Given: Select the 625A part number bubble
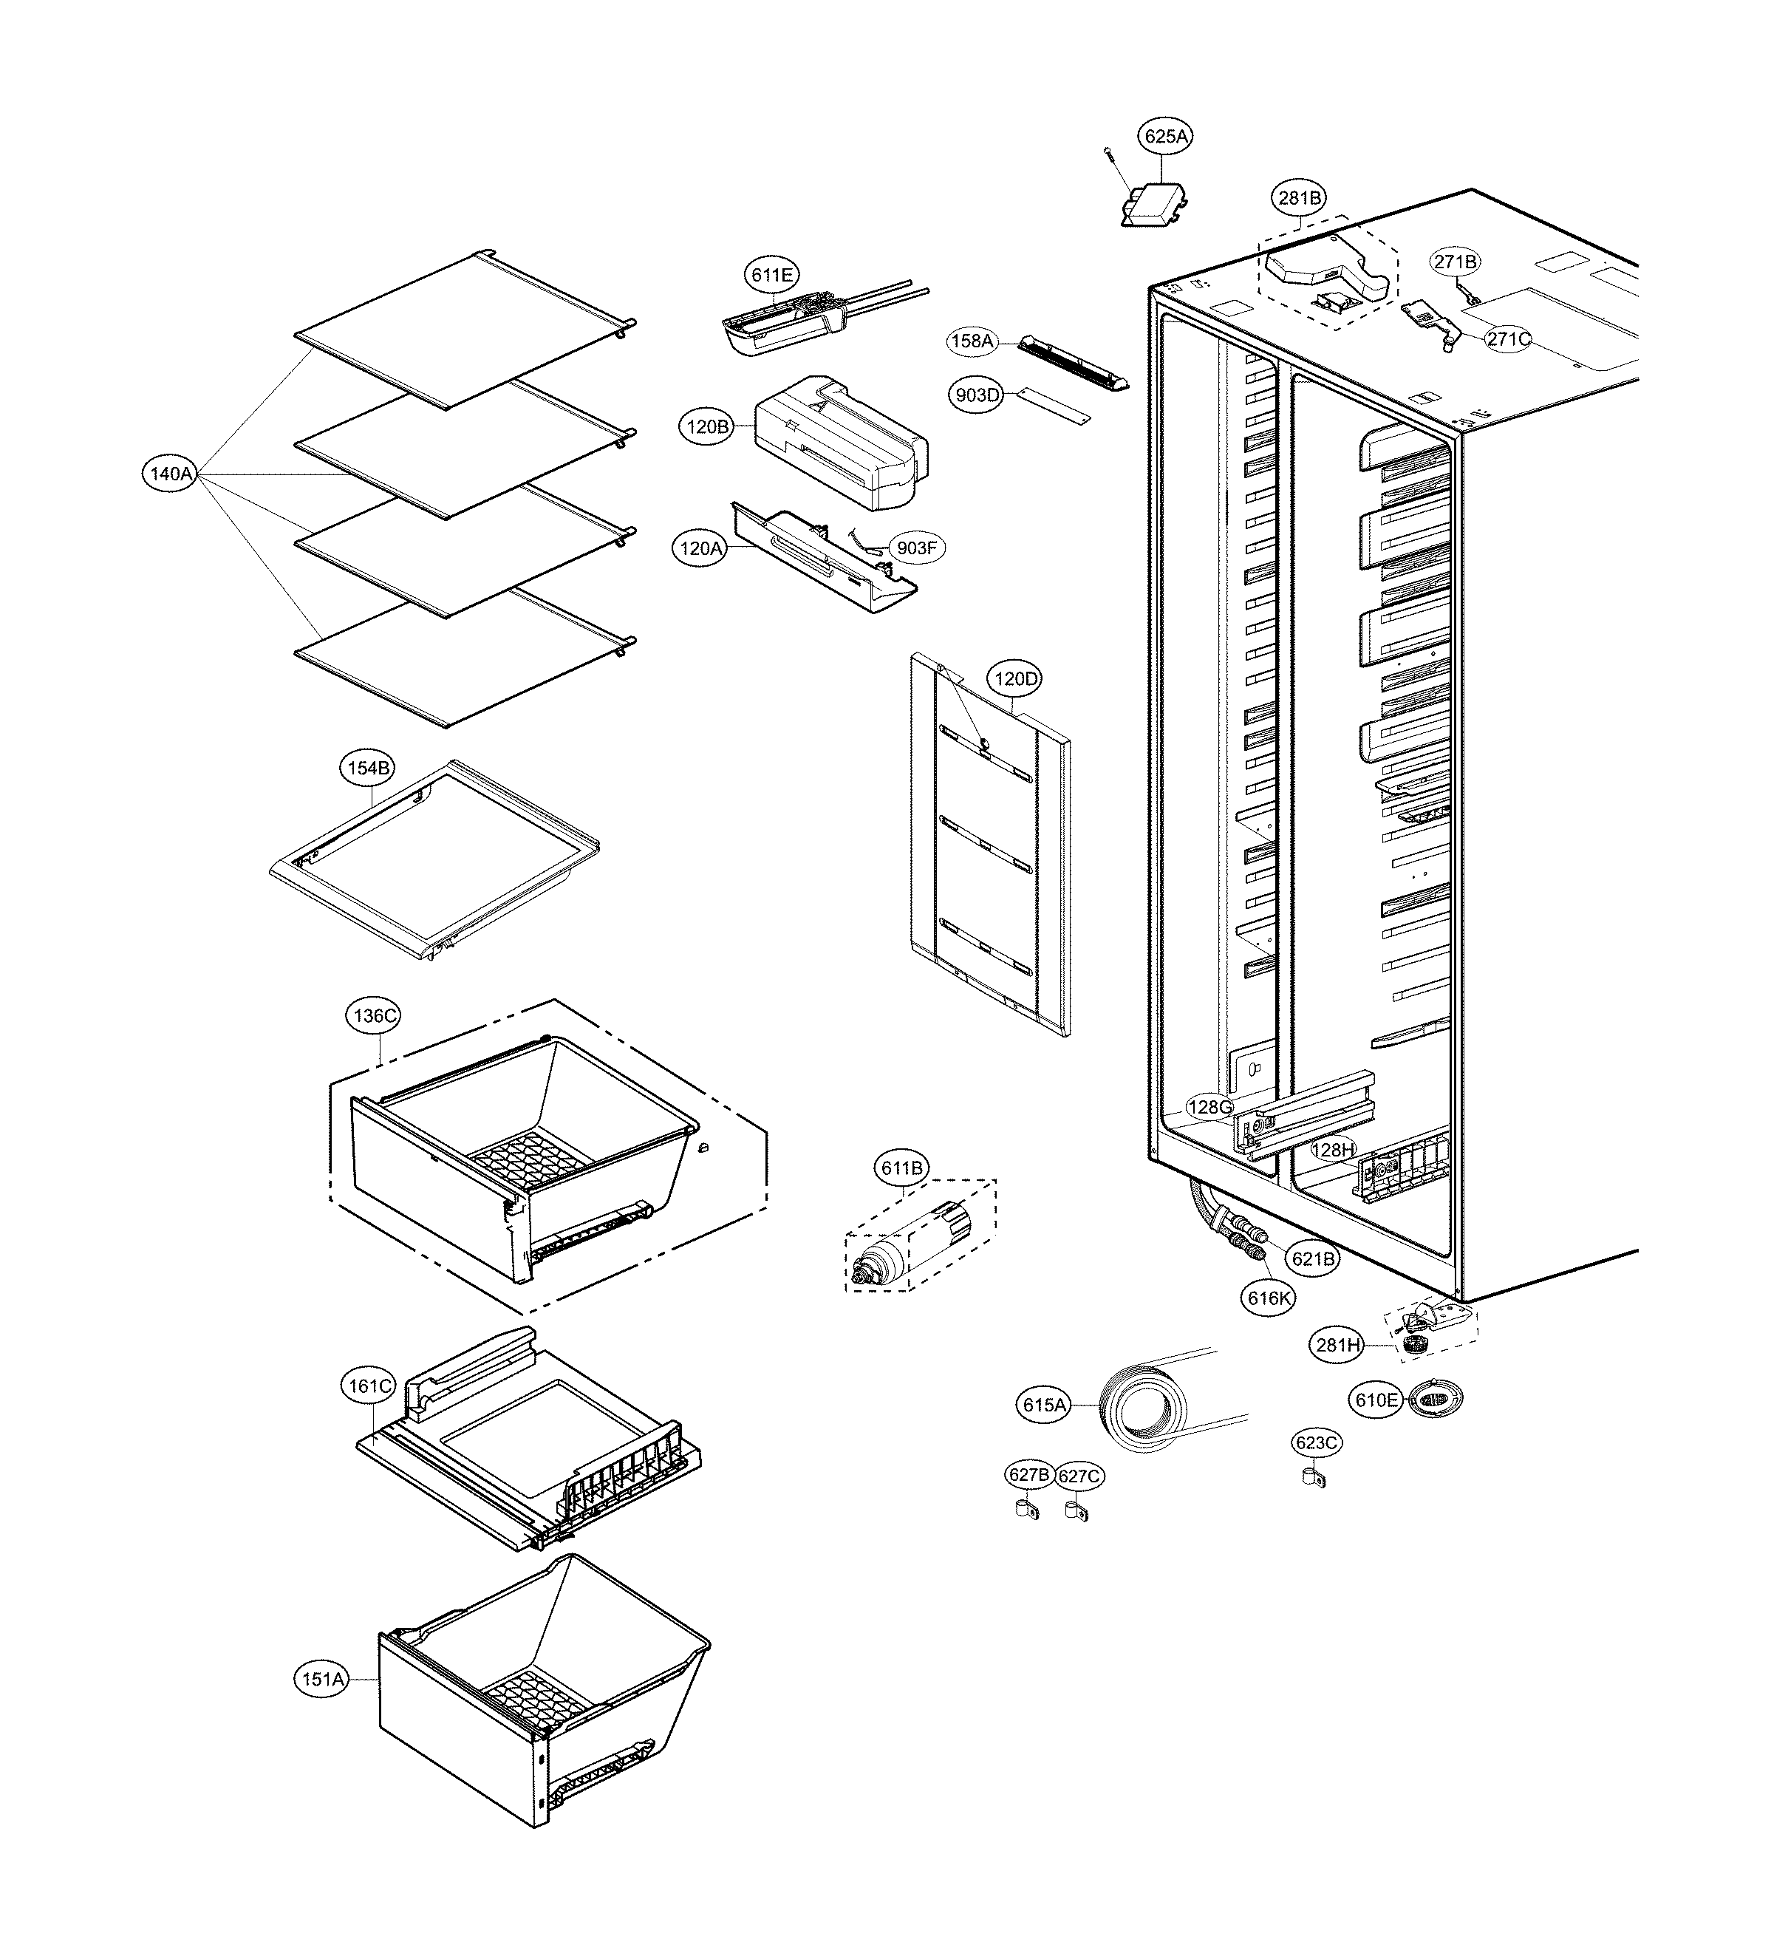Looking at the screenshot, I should coord(1165,137).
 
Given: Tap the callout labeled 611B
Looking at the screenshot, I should coord(901,1168).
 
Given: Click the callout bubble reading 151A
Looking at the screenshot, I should coord(322,1679).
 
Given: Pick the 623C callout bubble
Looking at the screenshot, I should coord(1316,1470).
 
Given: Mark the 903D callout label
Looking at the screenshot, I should coord(976,395).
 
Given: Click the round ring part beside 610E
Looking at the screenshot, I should coord(1435,1399).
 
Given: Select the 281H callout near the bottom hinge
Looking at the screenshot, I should coord(1338,1345).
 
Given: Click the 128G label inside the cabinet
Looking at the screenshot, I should coord(1209,1107).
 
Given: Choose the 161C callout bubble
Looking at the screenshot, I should coord(369,1386).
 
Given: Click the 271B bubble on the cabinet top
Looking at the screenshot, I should coord(1456,262).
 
